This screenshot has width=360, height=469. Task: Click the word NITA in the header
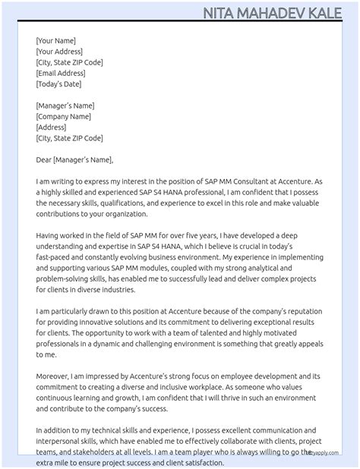220,13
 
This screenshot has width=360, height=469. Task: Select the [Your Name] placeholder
55,41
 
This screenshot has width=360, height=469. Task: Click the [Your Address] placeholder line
61,52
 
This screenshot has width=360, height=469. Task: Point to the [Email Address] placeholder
61,73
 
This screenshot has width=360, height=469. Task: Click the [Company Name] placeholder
63,117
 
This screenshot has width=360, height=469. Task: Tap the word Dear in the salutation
43,160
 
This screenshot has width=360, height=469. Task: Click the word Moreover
53,377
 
